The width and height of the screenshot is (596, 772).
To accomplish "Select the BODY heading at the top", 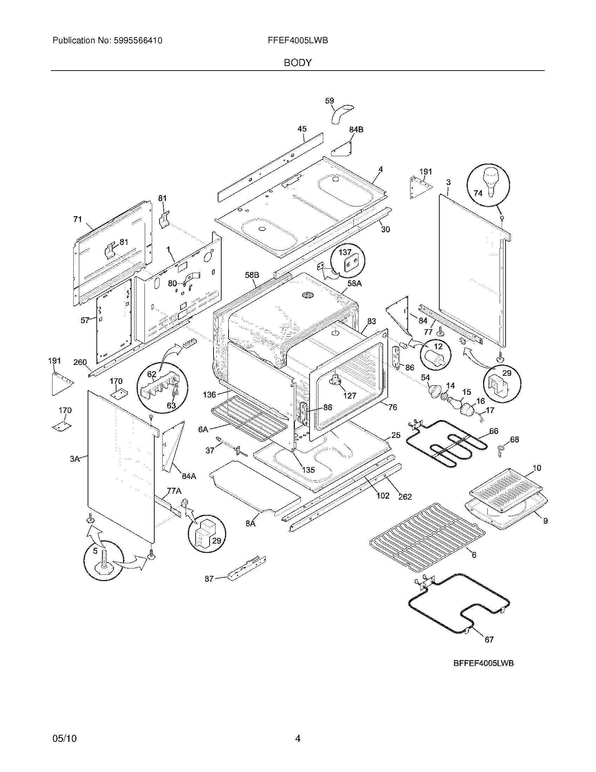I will pos(298,63).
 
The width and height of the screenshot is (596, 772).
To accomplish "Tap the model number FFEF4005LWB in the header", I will pos(298,41).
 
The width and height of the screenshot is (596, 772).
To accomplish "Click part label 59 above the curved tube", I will pos(329,101).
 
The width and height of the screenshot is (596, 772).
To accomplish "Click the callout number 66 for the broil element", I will pos(494,431).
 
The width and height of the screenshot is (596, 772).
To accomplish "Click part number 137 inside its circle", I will pos(345,252).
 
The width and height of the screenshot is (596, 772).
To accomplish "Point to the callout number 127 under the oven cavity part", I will pos(350,395).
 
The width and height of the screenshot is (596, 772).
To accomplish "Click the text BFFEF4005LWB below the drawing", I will pos(483,664).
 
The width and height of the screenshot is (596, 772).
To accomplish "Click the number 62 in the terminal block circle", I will pos(151,374).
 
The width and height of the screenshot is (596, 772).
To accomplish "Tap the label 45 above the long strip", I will pos(302,129).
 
